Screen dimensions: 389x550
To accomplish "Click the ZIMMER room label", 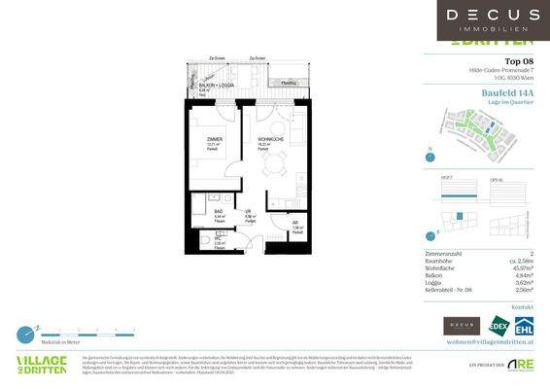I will pyautogui.click(x=214, y=140).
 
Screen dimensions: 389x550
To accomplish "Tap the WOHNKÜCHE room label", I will pyautogui.click(x=270, y=140).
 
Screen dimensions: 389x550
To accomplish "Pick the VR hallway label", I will pyautogui.click(x=250, y=211).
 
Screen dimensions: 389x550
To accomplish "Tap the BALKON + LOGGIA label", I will pyautogui.click(x=213, y=86).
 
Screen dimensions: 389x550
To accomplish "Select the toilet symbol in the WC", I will pyautogui.click(x=205, y=242).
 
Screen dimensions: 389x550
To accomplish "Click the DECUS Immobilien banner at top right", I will pyautogui.click(x=493, y=18).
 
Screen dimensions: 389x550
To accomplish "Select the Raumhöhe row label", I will pyautogui.click(x=442, y=261).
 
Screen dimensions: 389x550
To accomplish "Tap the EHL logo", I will pyautogui.click(x=524, y=326).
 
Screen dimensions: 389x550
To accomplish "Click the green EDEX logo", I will pyautogui.click(x=499, y=326).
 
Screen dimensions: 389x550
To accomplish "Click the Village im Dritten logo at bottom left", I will pyautogui.click(x=41, y=365).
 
